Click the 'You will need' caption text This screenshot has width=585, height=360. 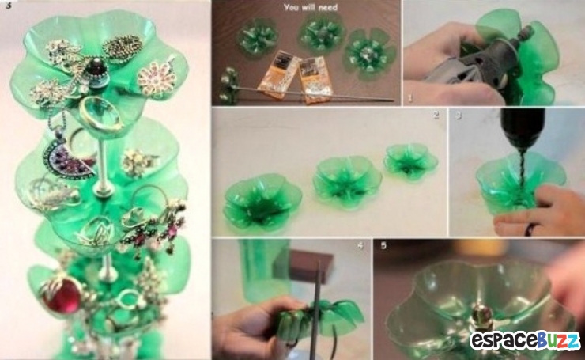311,7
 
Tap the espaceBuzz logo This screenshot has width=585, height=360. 525,340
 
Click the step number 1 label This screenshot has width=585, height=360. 410,98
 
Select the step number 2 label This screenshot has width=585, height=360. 436,115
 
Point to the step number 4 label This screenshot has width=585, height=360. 360,246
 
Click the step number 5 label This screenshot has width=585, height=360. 383,246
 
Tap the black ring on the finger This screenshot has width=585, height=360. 530,229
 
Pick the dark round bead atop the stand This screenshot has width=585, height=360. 96,67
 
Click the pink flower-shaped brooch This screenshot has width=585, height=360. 157,80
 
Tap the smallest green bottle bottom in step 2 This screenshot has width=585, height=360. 410,161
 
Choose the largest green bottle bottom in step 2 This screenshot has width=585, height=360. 262,201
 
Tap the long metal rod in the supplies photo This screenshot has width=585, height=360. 312,94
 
